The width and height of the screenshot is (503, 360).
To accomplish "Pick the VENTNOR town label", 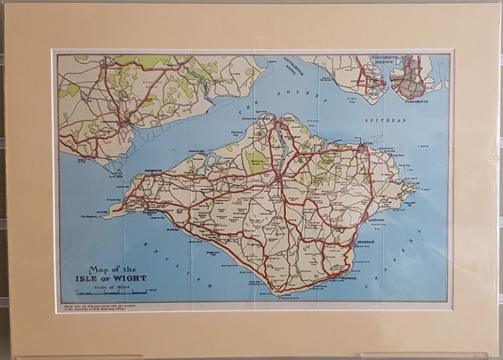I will [x=348, y=279].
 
